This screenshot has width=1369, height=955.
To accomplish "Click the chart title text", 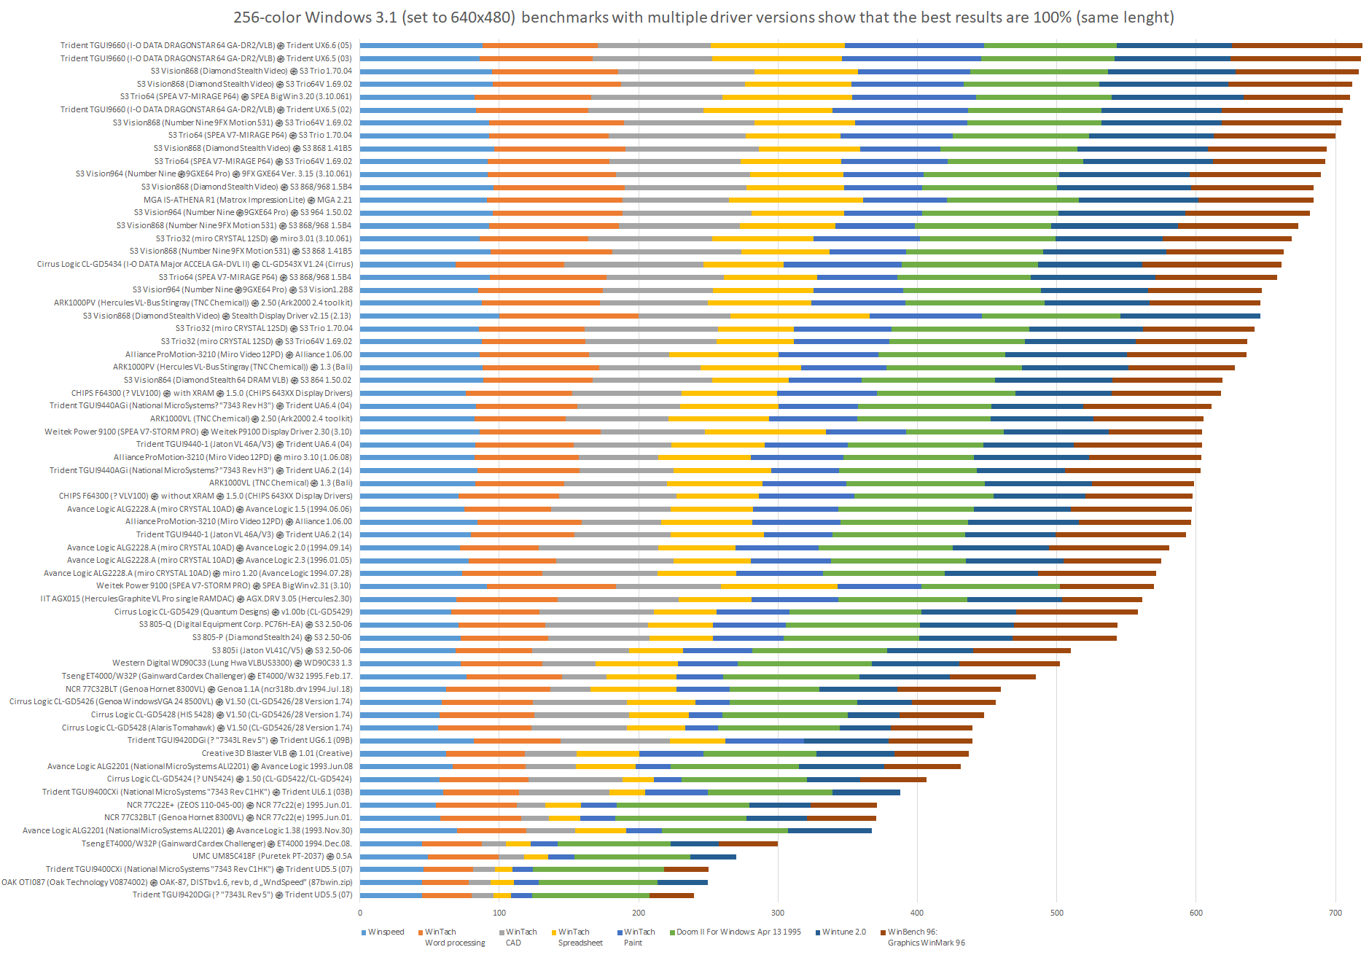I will tap(703, 17).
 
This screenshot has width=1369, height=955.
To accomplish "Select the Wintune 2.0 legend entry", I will tap(843, 932).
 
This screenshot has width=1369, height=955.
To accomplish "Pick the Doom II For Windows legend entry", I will tap(738, 932).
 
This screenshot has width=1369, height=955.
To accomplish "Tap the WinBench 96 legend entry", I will tap(911, 932).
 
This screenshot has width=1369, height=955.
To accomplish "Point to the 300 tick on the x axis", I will tap(778, 913).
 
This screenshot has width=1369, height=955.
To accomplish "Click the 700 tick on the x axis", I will tap(1335, 913).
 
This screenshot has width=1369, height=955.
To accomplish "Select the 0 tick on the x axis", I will tap(360, 913).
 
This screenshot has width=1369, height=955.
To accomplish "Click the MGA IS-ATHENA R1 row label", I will tap(247, 200).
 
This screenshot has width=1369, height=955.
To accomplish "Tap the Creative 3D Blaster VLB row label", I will tap(277, 753).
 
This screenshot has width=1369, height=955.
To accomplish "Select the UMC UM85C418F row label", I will tap(272, 856).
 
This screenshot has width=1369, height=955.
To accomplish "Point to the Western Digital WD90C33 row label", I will tap(232, 663).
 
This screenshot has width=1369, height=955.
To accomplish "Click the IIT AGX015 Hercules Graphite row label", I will tap(196, 599).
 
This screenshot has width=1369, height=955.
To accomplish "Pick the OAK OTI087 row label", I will tap(176, 882).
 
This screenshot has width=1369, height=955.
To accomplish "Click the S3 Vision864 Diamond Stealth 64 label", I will tap(237, 380).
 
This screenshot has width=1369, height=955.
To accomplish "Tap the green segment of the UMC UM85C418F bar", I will tap(632, 857).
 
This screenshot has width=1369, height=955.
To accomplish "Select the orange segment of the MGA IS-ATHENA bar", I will tap(554, 200).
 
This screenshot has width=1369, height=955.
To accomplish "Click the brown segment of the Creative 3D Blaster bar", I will tap(931, 754).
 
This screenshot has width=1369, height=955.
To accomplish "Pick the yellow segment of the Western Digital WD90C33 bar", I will tap(636, 663).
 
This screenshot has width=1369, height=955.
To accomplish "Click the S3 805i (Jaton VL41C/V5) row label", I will tap(281, 650).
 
